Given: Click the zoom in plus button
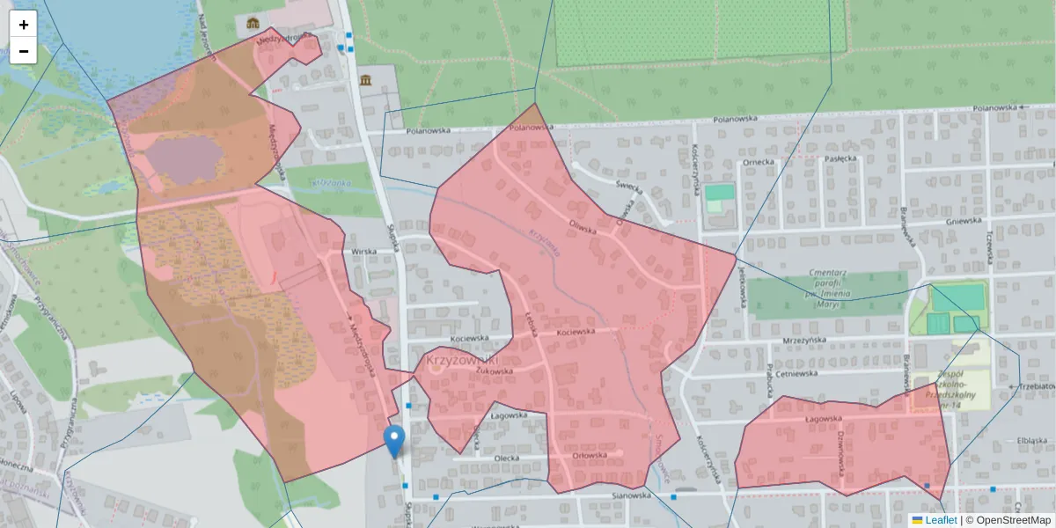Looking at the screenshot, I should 24,25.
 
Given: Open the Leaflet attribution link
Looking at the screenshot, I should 941,520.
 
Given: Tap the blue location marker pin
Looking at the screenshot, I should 395,440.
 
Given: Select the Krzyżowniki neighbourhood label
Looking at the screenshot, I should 462,360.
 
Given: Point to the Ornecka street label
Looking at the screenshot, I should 758,162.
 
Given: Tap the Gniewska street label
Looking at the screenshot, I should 963,223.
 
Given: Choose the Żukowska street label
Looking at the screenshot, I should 494,371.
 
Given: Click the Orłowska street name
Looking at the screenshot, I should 590,455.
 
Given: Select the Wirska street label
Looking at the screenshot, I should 363,251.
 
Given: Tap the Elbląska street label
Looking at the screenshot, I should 1030,440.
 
